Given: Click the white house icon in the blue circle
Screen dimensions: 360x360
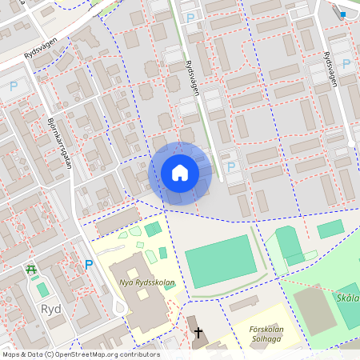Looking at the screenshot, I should click(x=179, y=172).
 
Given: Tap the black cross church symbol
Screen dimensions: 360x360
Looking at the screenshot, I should click(x=197, y=332).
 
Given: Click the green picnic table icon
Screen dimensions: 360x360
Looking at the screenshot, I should click(x=31, y=270).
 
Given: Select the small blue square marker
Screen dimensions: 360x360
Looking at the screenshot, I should click(x=342, y=14).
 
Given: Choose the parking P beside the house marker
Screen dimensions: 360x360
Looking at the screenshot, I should click(x=231, y=166).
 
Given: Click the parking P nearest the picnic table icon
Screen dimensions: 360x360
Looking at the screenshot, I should click(x=89, y=265).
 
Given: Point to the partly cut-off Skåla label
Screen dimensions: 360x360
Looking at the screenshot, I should click(x=348, y=299).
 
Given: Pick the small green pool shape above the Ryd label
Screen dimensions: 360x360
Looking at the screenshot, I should click(x=42, y=288).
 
